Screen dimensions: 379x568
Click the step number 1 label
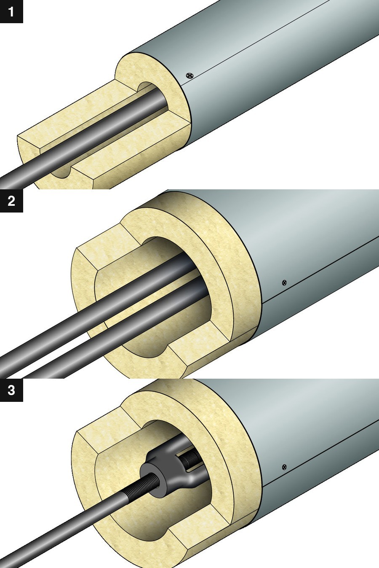(x=11, y=11)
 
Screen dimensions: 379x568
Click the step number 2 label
(x=11, y=201)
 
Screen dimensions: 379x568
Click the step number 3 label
(x=11, y=390)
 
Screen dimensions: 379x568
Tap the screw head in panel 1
(x=190, y=75)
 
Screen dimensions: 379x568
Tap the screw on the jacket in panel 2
(x=285, y=282)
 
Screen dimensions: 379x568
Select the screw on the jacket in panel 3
(x=285, y=467)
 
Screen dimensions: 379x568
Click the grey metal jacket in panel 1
(x=278, y=63)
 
